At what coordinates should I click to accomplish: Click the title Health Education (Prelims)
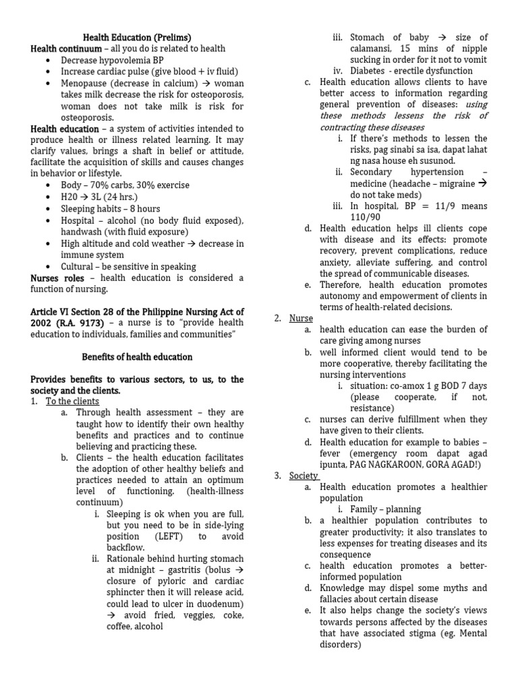137,38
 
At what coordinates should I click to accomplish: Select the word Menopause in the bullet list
86,83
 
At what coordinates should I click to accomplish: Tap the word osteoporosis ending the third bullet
87,117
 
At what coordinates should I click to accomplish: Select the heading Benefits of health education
137,356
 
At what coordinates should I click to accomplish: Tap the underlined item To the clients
72,402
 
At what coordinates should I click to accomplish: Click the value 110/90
365,217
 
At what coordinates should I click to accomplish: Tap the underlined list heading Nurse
301,318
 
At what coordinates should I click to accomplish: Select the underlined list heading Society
304,476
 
